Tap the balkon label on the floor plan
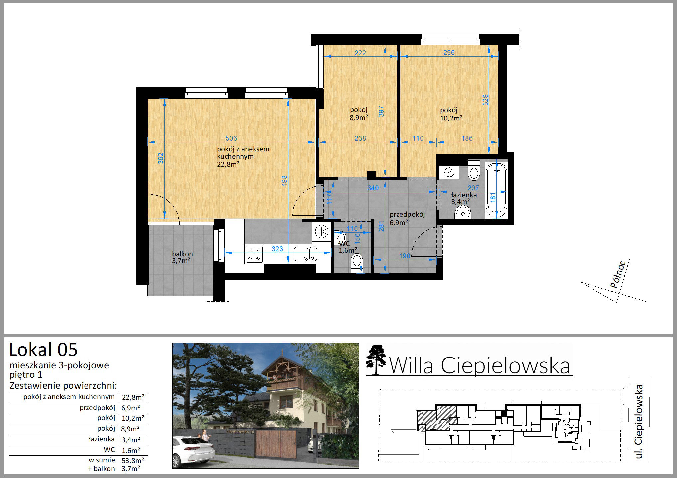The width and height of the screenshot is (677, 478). pyautogui.click(x=182, y=254)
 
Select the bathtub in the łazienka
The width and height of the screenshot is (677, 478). pyautogui.click(x=497, y=191)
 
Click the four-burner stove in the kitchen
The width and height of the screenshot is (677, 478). pyautogui.click(x=254, y=254)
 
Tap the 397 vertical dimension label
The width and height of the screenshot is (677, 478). pyautogui.click(x=381, y=111)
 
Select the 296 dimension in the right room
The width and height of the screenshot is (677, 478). pyautogui.click(x=449, y=53)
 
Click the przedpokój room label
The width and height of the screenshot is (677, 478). pyautogui.click(x=407, y=214)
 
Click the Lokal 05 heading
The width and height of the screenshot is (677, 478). pyautogui.click(x=43, y=350)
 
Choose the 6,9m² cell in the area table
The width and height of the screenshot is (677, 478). pyautogui.click(x=131, y=408)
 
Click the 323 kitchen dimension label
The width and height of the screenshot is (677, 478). pyautogui.click(x=277, y=249)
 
